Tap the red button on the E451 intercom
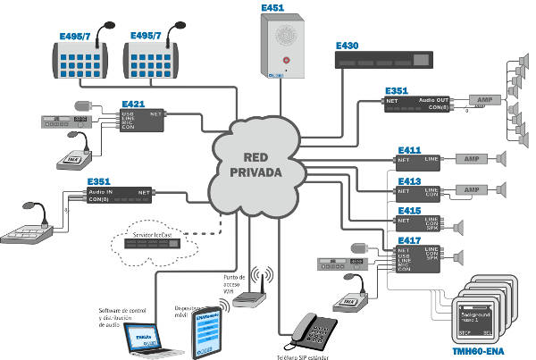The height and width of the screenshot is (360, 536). [x=285, y=60]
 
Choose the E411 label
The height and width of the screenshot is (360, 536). [x=409, y=149]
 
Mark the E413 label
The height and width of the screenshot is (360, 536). [x=409, y=180]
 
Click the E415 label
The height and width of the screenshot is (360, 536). [x=409, y=211]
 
